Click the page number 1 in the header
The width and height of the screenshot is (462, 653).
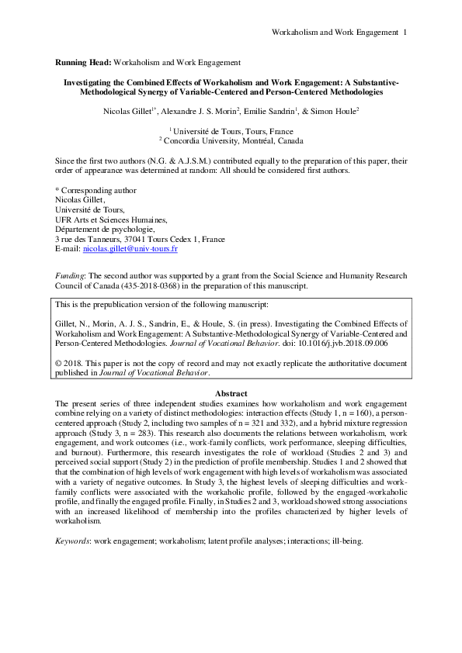click(405, 32)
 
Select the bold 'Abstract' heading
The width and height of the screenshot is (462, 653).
click(231, 394)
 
